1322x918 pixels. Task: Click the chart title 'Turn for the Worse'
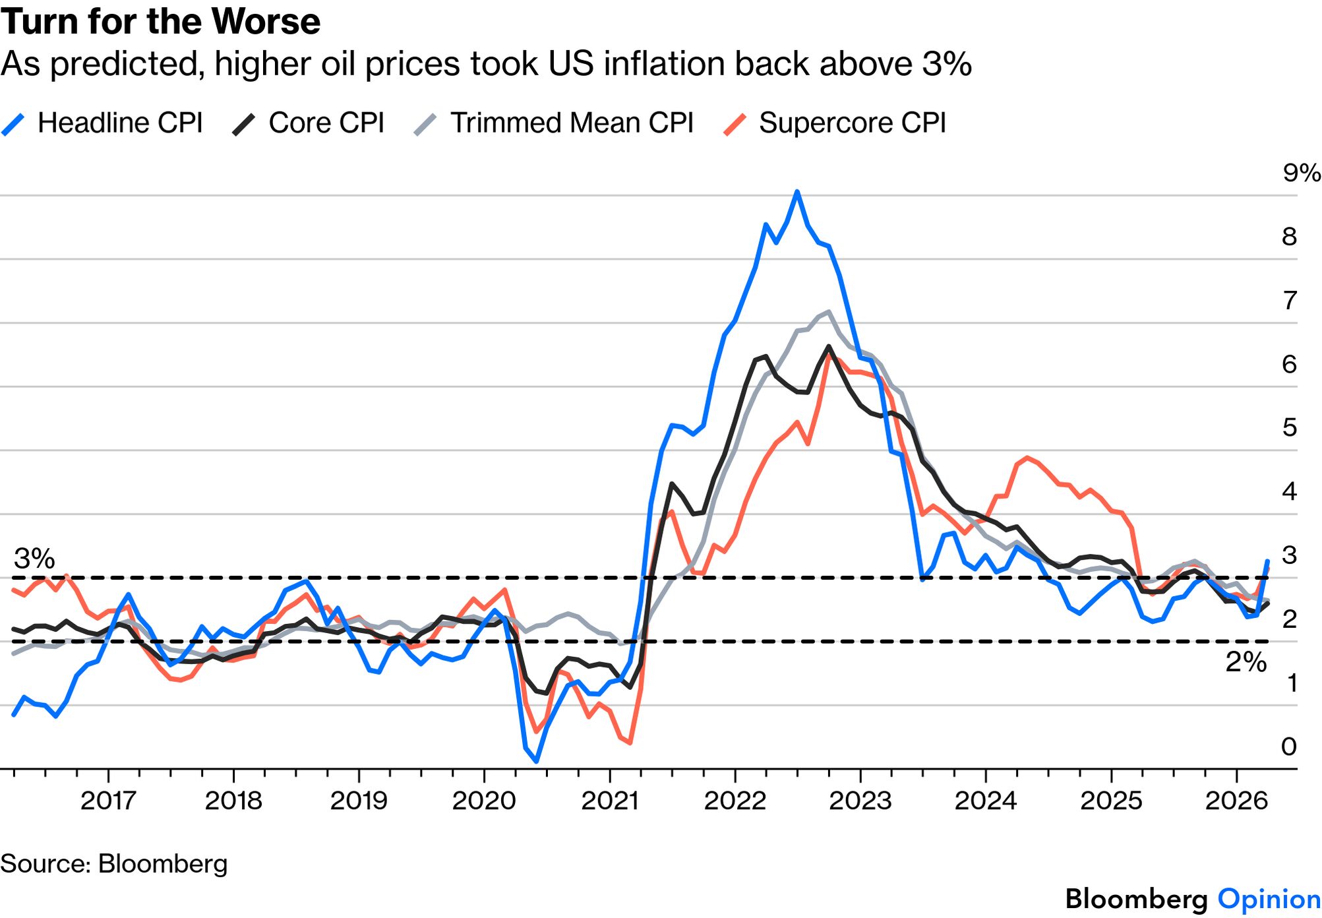tap(160, 21)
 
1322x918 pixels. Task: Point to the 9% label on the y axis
tap(1301, 173)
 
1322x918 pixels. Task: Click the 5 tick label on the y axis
tap(1290, 428)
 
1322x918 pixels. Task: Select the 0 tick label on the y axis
tap(1289, 747)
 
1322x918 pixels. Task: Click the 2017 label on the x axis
tap(108, 801)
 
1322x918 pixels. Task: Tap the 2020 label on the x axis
tap(484, 801)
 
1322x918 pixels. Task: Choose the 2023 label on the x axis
tap(860, 801)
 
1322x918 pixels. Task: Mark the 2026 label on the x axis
tap(1236, 801)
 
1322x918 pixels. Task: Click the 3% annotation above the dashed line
tap(34, 559)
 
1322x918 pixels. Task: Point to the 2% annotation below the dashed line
tap(1246, 662)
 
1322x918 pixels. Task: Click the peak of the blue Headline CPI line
tap(797, 192)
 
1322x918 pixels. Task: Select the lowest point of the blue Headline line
tap(537, 762)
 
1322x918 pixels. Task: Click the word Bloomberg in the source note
tap(162, 864)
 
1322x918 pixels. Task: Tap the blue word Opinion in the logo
tap(1269, 900)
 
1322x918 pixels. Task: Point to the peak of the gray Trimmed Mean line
tap(828, 312)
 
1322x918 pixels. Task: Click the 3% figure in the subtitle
tap(946, 64)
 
